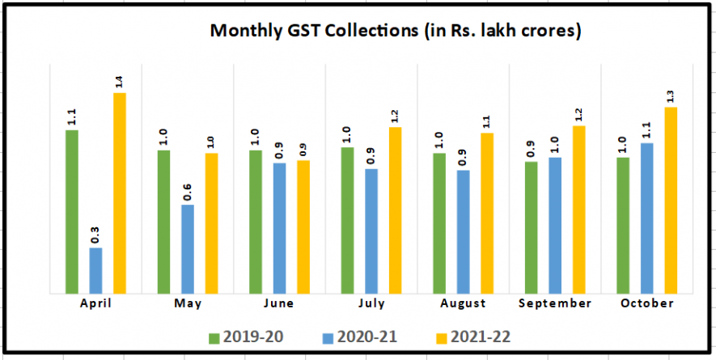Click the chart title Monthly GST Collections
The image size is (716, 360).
coord(396,31)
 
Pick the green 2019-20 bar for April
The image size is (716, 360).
coord(72,210)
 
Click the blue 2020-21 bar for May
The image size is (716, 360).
coord(188,248)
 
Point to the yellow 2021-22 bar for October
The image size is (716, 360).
coord(670,199)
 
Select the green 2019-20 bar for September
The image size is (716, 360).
coord(531,227)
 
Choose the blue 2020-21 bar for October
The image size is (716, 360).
coord(646,217)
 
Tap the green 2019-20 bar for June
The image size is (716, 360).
coord(256,220)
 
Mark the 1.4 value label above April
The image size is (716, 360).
coord(119,80)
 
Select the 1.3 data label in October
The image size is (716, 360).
coord(670,95)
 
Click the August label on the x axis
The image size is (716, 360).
coord(464,303)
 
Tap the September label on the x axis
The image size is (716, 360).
coord(554,303)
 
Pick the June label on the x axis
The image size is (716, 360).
coord(279,303)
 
